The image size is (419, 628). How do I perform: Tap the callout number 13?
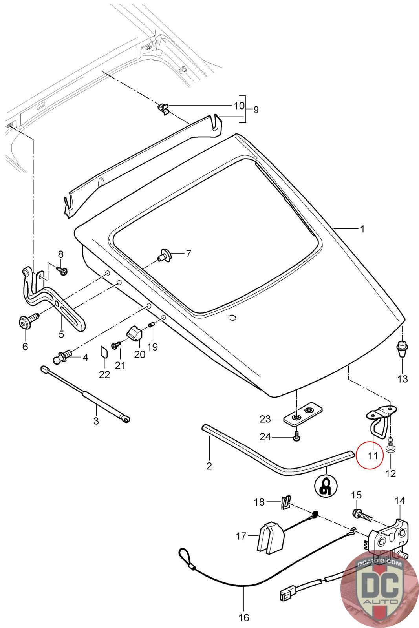[403, 379]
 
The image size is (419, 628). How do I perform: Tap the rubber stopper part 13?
[401, 348]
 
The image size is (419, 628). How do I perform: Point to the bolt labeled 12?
[391, 446]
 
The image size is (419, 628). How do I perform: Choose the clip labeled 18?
[285, 502]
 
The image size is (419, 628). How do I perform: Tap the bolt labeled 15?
[361, 513]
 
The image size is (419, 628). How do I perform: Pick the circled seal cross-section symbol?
[326, 487]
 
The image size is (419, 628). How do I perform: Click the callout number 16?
[244, 618]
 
